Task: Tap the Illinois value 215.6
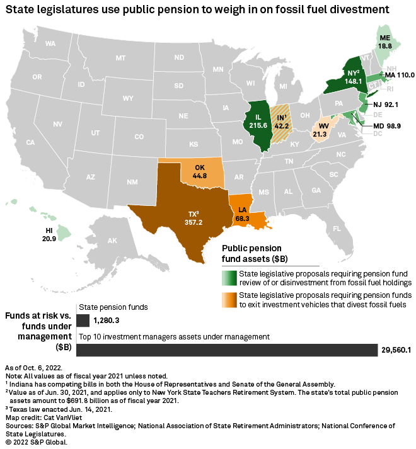pyautogui.click(x=258, y=126)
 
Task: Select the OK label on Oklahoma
pyautogui.click(x=200, y=168)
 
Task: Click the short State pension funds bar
pyautogui.click(x=83, y=321)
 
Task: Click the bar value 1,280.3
pyautogui.click(x=106, y=321)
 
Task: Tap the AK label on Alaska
pyautogui.click(x=113, y=241)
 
